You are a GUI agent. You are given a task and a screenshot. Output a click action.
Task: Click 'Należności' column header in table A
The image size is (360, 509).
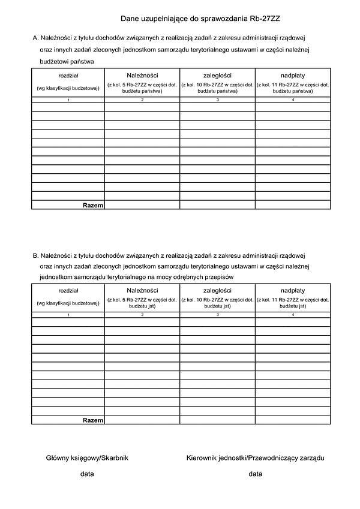(x=142, y=75)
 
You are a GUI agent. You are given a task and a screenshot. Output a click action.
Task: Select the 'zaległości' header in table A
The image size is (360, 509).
(x=217, y=75)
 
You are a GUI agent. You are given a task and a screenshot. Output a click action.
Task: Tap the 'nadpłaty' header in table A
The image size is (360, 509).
(x=293, y=75)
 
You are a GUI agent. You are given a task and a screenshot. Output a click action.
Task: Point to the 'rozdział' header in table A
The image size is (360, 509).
(x=68, y=75)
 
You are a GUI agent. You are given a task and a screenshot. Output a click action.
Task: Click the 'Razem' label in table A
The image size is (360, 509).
(x=93, y=205)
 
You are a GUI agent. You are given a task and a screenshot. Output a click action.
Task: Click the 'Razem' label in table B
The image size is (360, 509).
(x=93, y=420)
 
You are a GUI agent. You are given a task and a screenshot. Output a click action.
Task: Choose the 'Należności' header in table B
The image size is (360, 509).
(x=142, y=290)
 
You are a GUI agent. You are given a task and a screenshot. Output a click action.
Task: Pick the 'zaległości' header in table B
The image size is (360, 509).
(x=217, y=290)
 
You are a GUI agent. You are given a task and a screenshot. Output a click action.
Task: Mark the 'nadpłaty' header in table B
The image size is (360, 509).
(x=293, y=290)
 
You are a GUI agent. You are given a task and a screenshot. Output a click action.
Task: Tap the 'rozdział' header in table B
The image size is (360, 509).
(x=68, y=290)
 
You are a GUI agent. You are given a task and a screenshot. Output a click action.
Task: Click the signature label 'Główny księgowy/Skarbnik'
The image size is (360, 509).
(x=88, y=458)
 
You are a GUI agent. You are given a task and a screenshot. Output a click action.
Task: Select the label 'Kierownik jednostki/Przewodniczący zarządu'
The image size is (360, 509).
(x=256, y=458)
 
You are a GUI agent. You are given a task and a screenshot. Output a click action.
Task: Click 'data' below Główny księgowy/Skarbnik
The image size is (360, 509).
(x=88, y=474)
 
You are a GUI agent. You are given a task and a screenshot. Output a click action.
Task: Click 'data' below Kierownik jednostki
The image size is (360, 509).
(x=256, y=474)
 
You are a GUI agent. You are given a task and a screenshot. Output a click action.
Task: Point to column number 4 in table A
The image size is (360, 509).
(x=293, y=100)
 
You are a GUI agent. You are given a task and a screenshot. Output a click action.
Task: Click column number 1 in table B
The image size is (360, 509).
(x=68, y=314)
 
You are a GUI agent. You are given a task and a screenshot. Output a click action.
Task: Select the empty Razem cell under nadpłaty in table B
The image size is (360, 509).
(x=293, y=420)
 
